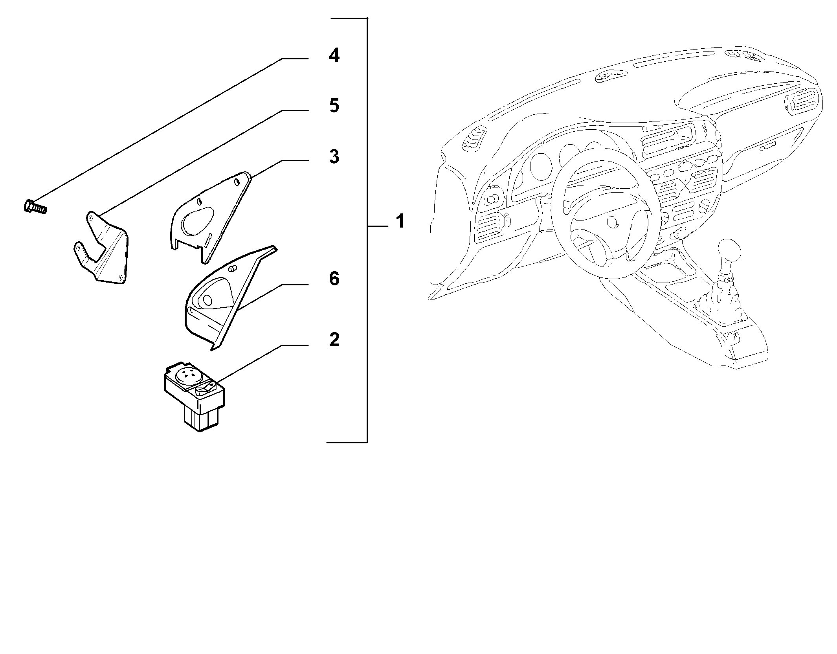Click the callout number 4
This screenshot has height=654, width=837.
(x=334, y=55)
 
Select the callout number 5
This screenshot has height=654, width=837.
(x=334, y=106)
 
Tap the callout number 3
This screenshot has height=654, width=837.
(x=334, y=156)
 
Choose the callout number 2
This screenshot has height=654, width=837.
(x=334, y=340)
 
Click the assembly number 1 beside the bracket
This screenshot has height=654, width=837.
(x=400, y=221)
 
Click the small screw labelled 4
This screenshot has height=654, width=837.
(x=35, y=206)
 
